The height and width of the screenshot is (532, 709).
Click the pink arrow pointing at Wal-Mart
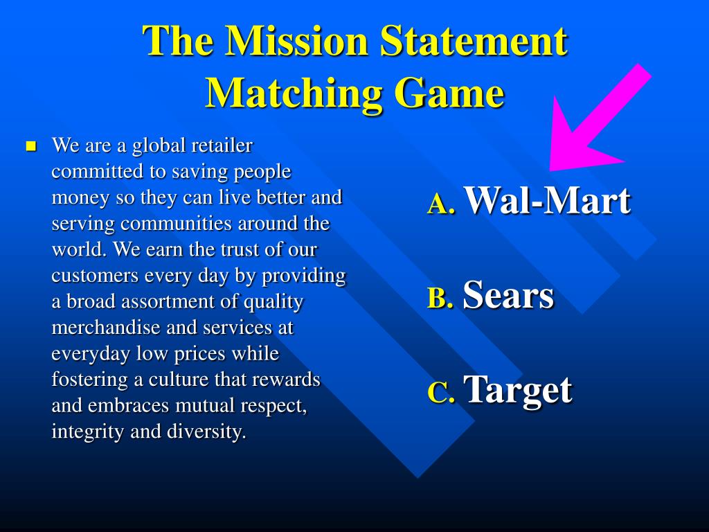[x=596, y=122]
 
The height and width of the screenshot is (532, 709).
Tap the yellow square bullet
[x=31, y=146]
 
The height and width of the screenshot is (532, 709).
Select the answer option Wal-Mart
[x=547, y=200]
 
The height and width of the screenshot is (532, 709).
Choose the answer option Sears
[x=508, y=295]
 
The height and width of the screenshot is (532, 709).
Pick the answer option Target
[x=518, y=390]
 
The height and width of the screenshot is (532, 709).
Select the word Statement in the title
[x=474, y=41]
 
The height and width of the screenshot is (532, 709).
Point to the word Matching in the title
[x=294, y=94]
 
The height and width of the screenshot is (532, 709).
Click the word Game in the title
[x=449, y=94]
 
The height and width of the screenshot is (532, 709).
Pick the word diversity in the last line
[x=206, y=432]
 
